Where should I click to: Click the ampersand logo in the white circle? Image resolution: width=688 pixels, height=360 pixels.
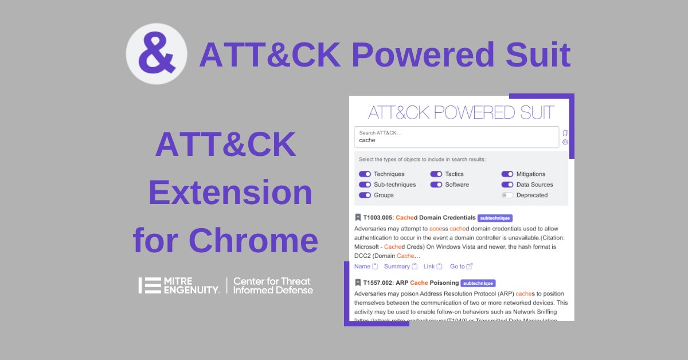[156, 54]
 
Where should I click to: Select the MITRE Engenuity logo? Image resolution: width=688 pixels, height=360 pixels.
[179, 285]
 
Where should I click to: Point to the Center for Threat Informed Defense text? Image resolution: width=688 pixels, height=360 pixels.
[273, 285]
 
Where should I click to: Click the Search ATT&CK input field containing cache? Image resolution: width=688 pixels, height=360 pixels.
[456, 137]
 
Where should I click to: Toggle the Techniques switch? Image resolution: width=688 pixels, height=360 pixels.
[365, 174]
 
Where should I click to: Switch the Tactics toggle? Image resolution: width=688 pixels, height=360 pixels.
[436, 174]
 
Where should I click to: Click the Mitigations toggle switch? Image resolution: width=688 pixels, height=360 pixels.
[507, 174]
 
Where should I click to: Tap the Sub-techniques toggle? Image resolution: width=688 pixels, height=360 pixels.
[365, 185]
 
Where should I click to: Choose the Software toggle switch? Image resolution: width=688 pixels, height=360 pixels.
[436, 185]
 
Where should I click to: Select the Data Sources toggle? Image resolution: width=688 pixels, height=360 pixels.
[507, 185]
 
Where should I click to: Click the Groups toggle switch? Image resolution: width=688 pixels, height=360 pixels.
[365, 195]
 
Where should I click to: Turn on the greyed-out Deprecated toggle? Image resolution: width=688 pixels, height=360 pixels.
[507, 195]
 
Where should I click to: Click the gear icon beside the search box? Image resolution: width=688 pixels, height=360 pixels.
[565, 142]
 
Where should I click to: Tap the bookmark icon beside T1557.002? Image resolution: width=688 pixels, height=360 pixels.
[358, 283]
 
